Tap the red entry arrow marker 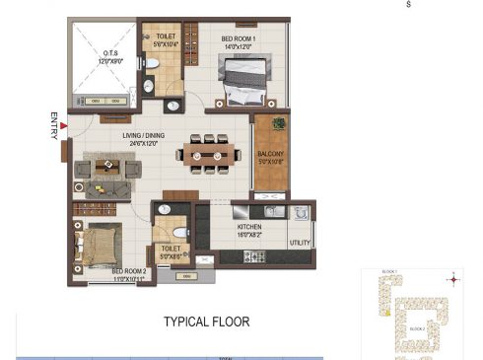click(x=64, y=124)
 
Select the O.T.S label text click(x=109, y=58)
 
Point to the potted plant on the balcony click(x=279, y=123)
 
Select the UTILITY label click(x=300, y=242)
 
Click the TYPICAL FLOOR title click(x=206, y=321)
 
